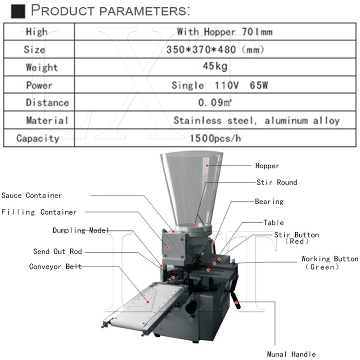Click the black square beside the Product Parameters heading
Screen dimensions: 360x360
pos(18,11)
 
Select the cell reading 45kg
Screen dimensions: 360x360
pos(215,67)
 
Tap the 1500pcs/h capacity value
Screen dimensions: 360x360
pos(216,138)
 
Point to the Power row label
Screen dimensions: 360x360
pos(39,85)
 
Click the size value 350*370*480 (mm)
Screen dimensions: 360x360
pos(215,49)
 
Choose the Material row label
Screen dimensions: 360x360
pos(47,120)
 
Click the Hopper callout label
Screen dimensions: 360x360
pos(267,166)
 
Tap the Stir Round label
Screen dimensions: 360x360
pos(277,182)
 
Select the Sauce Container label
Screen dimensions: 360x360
pos(31,195)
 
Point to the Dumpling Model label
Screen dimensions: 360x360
pos(81,230)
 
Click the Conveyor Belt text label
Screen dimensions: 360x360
pos(55,266)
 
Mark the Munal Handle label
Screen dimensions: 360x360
pos(291,354)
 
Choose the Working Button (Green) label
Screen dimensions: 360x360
pos(330,263)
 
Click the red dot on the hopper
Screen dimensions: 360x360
pos(207,165)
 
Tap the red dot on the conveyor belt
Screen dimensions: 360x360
pos(148,302)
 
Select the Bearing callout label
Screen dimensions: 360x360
pos(269,202)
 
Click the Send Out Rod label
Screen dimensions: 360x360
pos(58,252)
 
